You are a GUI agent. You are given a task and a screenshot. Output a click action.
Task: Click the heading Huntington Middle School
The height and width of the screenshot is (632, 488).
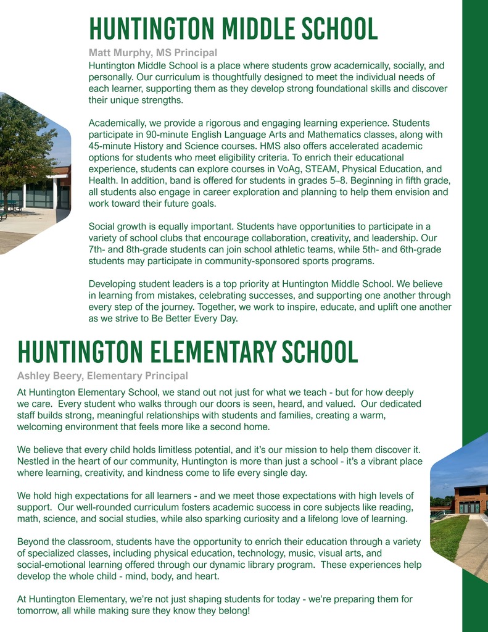[233, 29]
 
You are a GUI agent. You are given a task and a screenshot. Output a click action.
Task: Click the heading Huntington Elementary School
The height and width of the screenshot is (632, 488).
[188, 352]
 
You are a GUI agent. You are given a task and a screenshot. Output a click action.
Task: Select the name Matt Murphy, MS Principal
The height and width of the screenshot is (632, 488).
[152, 53]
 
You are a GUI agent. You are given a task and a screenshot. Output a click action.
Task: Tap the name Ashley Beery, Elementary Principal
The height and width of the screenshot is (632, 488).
[102, 375]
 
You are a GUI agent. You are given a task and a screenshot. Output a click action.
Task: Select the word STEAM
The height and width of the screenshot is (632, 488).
[346, 168]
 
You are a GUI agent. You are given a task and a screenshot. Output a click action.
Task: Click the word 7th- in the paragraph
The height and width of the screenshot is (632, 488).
[99, 249]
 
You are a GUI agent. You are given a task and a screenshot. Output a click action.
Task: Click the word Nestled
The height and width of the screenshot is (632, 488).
[34, 461]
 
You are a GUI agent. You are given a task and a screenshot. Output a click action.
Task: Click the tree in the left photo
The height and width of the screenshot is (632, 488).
[25, 142]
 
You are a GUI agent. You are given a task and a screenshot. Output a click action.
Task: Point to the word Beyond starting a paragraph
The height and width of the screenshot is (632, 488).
[33, 542]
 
